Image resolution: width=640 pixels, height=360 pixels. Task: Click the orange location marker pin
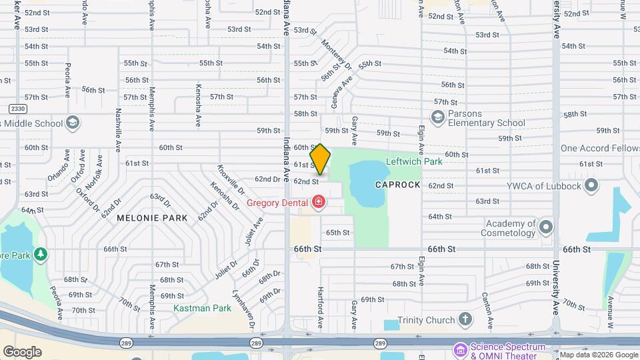(x=321, y=159)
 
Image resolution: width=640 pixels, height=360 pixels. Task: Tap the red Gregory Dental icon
(x=319, y=202)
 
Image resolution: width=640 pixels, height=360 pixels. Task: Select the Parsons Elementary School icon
(x=437, y=118)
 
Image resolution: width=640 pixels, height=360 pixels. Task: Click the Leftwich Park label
(x=414, y=162)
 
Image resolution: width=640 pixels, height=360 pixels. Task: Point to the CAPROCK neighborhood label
(x=397, y=185)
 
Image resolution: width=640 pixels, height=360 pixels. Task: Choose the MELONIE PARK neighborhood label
(x=152, y=217)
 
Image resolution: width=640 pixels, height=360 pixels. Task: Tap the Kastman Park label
(x=202, y=308)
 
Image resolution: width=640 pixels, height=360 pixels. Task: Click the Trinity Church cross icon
(x=465, y=320)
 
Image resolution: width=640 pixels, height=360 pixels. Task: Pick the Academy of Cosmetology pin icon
(x=546, y=227)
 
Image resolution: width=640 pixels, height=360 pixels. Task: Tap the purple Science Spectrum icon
(x=460, y=349)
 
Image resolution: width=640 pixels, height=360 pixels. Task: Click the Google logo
(x=22, y=352)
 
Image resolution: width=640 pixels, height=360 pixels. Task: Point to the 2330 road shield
(x=17, y=108)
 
